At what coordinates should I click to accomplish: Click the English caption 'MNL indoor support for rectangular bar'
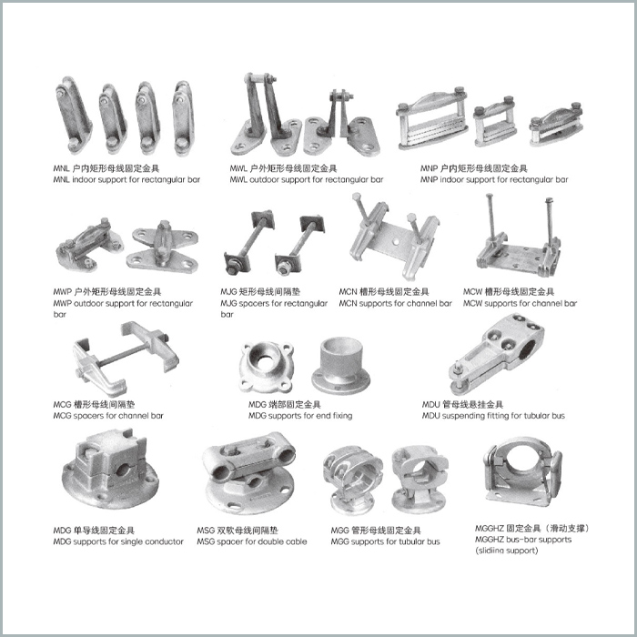tap(126, 179)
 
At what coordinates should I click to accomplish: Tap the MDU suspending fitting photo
tap(497, 353)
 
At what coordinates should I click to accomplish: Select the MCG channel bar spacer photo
tap(126, 359)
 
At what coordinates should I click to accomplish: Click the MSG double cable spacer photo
tap(249, 472)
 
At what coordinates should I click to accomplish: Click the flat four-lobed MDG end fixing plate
tap(266, 367)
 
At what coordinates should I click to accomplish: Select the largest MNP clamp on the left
tap(431, 118)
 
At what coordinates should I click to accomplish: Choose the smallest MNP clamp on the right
tap(556, 124)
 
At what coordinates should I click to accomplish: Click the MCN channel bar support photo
tap(393, 236)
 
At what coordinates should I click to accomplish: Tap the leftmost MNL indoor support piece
tap(73, 115)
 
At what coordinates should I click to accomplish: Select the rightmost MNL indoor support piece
tap(182, 117)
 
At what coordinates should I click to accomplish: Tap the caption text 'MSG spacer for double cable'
tap(252, 541)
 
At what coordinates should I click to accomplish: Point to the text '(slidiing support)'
tap(507, 551)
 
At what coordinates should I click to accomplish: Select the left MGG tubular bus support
tap(353, 480)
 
